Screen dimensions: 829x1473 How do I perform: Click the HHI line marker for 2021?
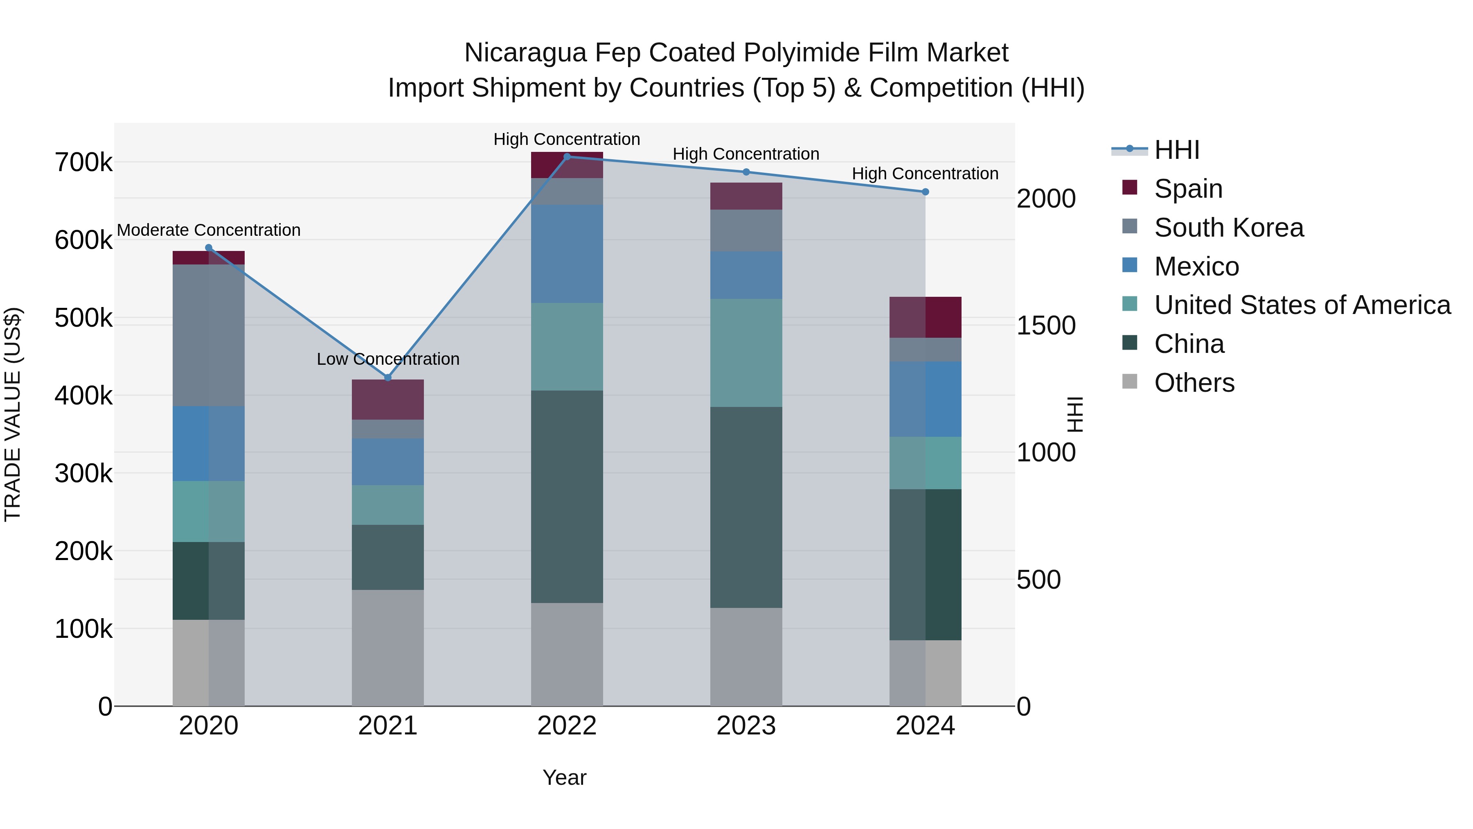(388, 377)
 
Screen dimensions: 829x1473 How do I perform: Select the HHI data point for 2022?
(567, 157)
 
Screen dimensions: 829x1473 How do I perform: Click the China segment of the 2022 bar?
(567, 497)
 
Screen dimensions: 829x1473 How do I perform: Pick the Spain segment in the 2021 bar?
(388, 399)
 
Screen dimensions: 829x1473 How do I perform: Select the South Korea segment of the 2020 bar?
(209, 335)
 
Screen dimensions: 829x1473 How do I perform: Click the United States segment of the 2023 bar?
(746, 353)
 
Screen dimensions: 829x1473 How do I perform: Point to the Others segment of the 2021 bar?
(388, 648)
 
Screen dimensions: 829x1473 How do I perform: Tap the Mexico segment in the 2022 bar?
(567, 254)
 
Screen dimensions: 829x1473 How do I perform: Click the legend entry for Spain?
(1188, 189)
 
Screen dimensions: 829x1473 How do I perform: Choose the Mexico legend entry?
(1196, 267)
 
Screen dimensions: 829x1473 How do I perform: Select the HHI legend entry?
(1177, 150)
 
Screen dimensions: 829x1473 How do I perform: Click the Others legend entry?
(1194, 383)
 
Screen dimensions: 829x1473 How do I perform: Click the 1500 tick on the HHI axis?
(1046, 325)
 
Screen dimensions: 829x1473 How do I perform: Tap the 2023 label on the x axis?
(746, 726)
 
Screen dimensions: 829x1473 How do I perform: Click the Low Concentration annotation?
(388, 359)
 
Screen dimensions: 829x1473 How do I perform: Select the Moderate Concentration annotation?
(209, 230)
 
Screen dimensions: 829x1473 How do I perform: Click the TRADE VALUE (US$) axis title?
(13, 414)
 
